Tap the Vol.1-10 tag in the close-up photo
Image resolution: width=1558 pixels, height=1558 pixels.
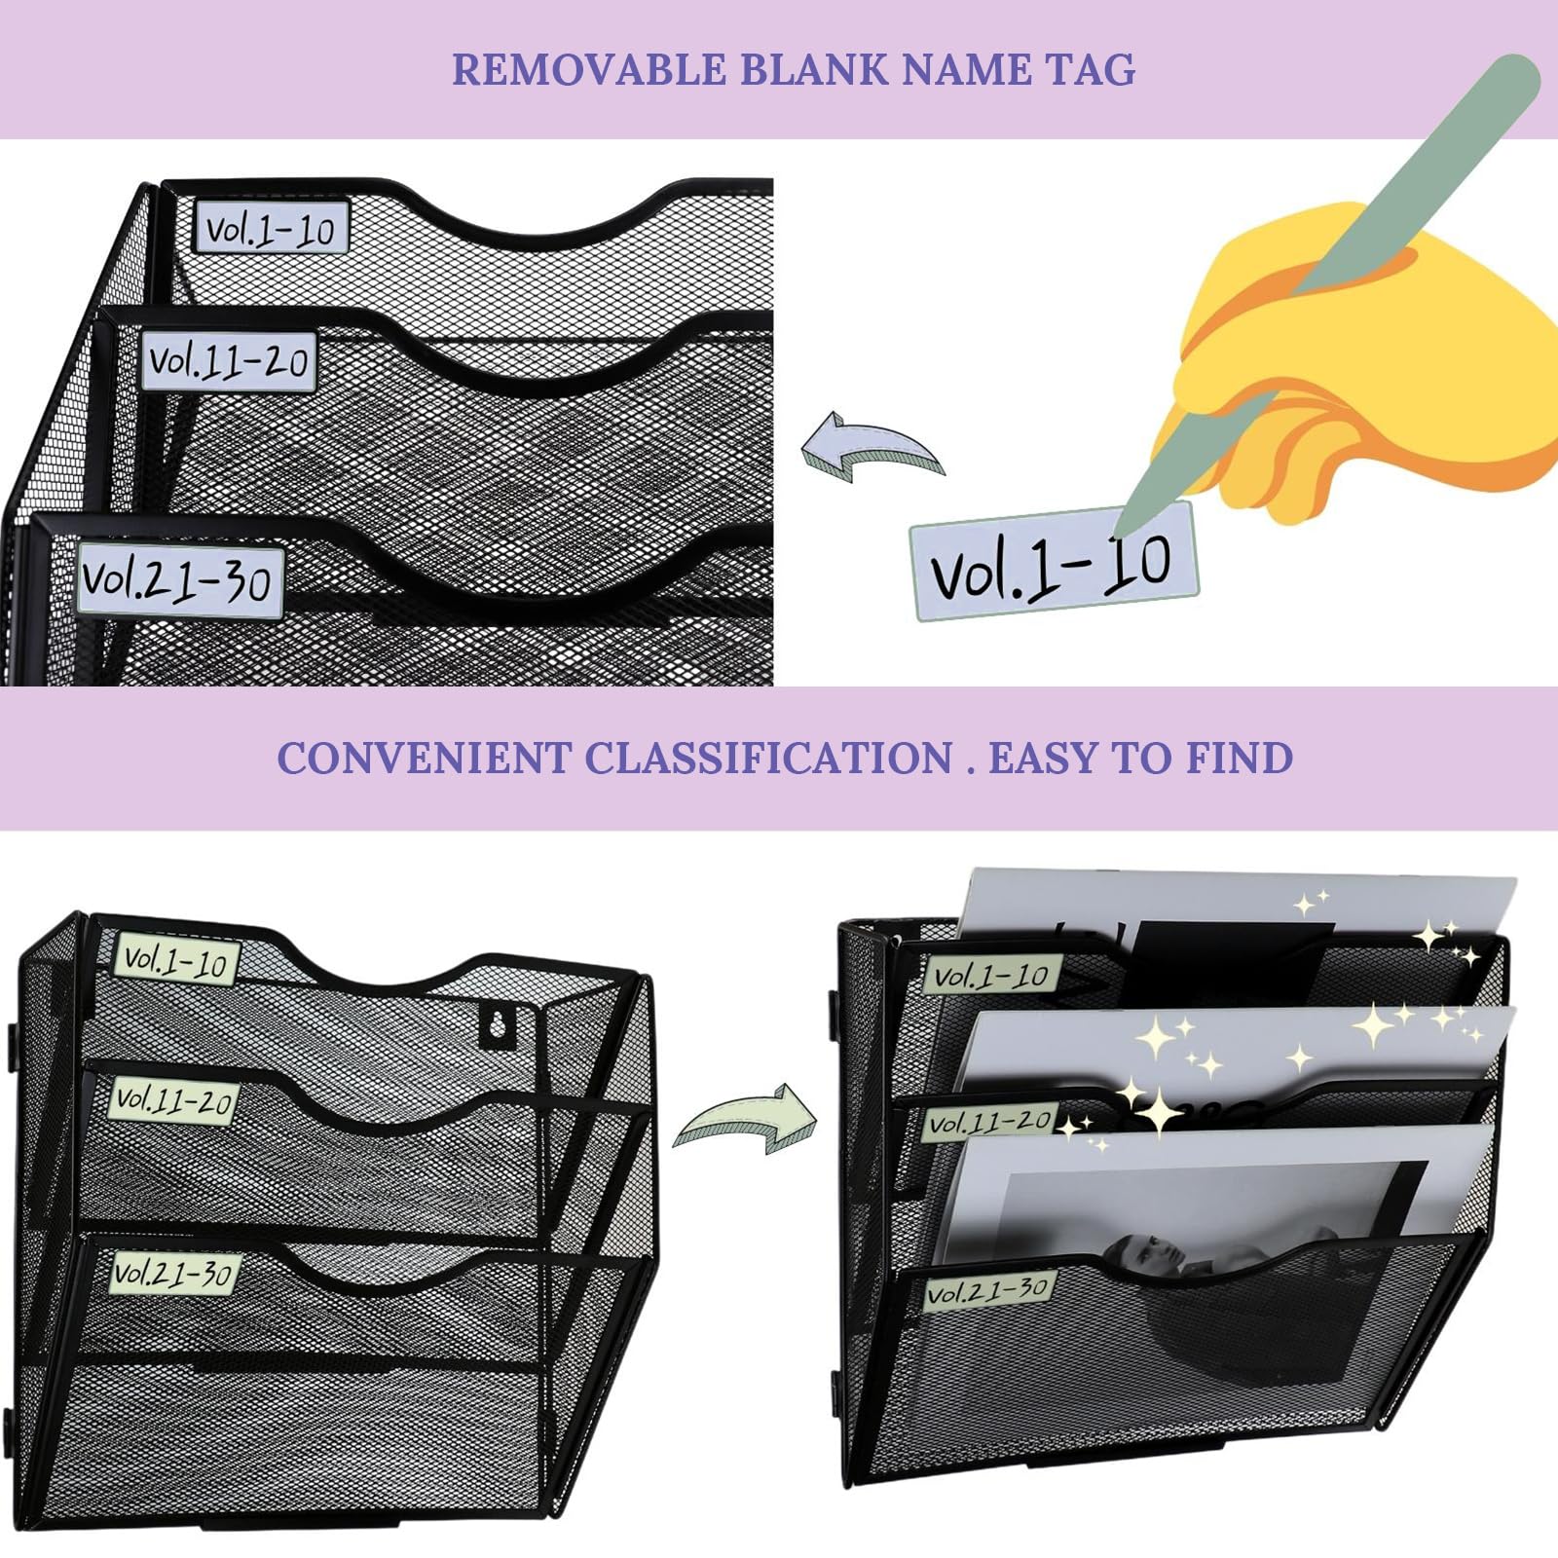tap(271, 229)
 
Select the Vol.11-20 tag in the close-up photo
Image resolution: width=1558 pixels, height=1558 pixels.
tap(229, 361)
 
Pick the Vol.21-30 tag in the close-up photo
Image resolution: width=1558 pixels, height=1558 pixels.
tap(178, 581)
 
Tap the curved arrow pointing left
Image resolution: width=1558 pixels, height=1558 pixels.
tap(872, 450)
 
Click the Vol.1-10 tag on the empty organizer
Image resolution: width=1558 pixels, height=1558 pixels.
tap(176, 961)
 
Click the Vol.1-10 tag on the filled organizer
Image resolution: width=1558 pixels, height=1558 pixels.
tap(991, 976)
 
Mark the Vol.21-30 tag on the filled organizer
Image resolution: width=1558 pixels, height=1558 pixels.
tap(987, 1291)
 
